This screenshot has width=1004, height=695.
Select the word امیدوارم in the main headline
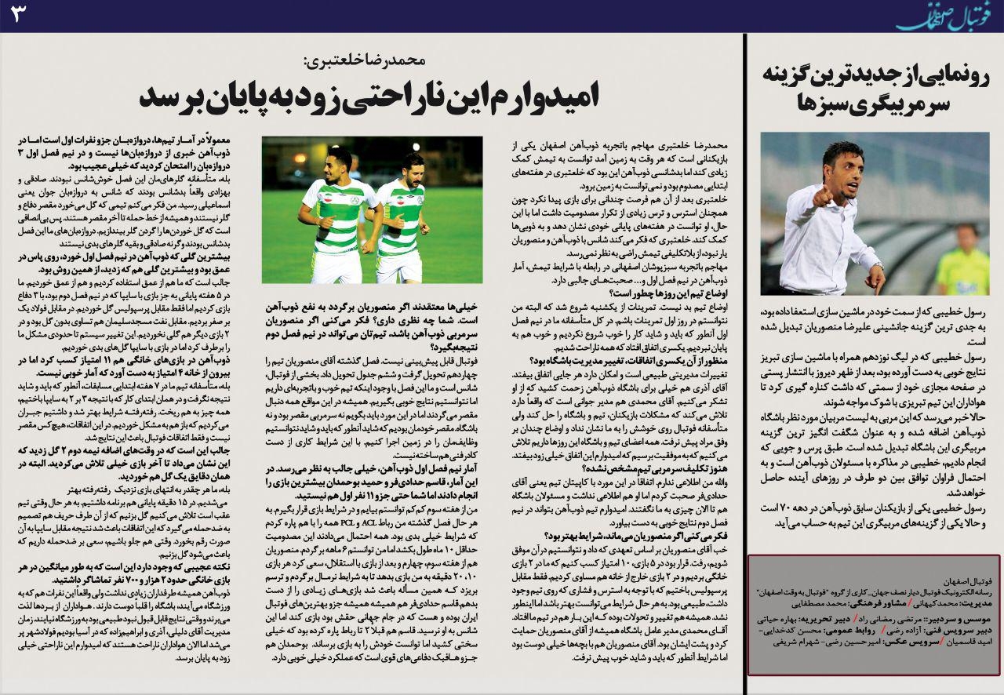tap(541, 96)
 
